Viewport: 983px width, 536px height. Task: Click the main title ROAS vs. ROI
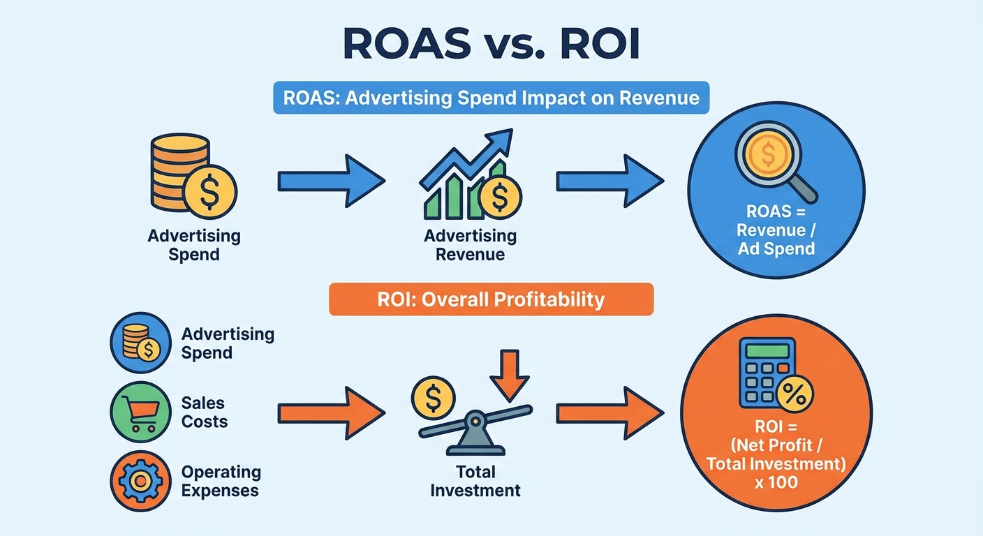491,47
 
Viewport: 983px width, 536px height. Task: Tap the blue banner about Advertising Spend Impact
491,97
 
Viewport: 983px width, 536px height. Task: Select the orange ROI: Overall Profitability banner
491,299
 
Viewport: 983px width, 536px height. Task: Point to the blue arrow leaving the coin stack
330,181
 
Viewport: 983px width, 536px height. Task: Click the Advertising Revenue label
470,244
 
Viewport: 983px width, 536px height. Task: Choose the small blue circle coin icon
140,343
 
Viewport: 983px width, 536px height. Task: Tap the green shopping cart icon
140,412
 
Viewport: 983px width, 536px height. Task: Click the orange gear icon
140,481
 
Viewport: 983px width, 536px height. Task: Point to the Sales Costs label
204,412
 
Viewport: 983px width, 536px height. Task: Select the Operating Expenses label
220,481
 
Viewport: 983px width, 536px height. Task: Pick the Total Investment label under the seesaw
475,480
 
